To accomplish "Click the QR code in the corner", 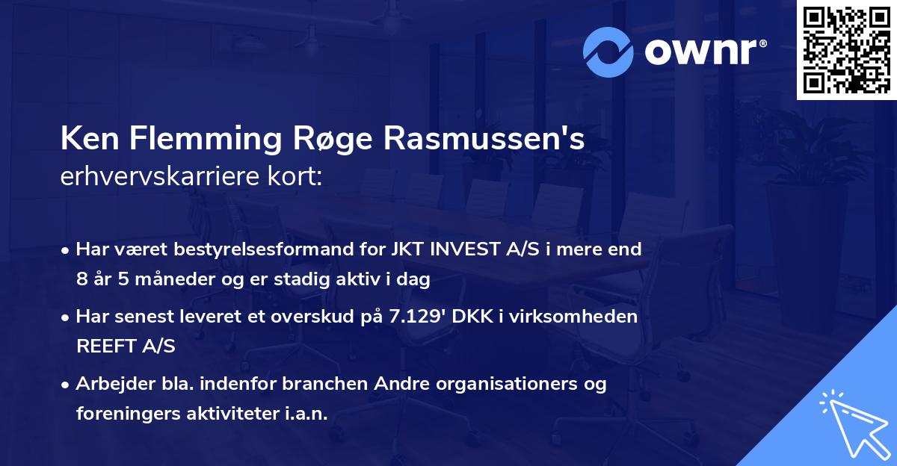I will tap(846, 49).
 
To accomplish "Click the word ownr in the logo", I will tap(703, 51).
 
